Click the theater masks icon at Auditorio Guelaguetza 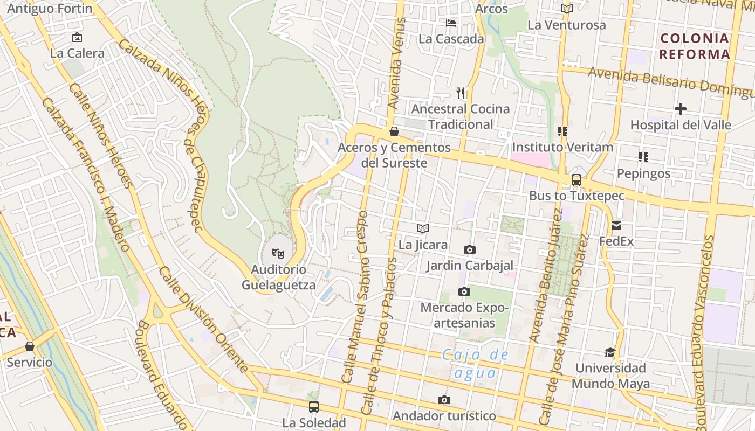[278, 253]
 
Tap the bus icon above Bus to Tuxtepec [576, 180]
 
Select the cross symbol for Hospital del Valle [681, 109]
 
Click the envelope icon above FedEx [616, 226]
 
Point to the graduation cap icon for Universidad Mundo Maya [610, 352]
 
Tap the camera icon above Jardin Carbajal [470, 250]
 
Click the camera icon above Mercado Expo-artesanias [464, 292]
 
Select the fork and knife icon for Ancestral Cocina [461, 93]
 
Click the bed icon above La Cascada [451, 23]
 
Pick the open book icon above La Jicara [423, 229]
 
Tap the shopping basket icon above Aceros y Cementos [394, 131]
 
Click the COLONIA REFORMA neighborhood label [695, 46]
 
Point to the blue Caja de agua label [475, 364]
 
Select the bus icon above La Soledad [313, 407]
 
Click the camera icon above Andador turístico [444, 400]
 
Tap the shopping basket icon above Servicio [30, 346]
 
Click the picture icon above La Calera [77, 38]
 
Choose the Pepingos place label [643, 173]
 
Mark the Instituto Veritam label [562, 147]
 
